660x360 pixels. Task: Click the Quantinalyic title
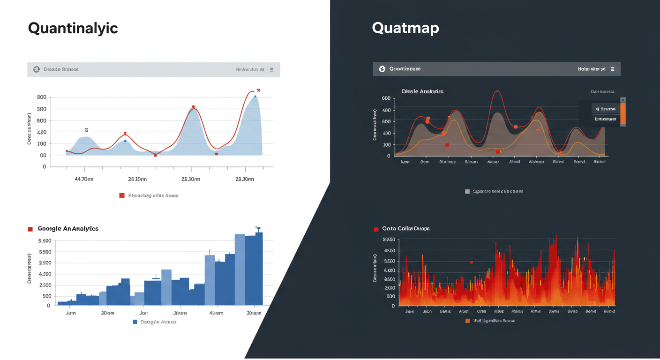pyautogui.click(x=73, y=28)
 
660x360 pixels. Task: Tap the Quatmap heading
pyautogui.click(x=405, y=28)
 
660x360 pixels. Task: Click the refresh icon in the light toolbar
pyautogui.click(x=37, y=69)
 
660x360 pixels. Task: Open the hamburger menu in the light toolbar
pyautogui.click(x=271, y=69)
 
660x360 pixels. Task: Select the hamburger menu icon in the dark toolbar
pyautogui.click(x=612, y=69)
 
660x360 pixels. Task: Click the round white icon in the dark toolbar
pyautogui.click(x=382, y=69)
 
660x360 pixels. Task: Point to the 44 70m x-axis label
pyautogui.click(x=84, y=179)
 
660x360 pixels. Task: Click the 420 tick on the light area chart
pyautogui.click(x=41, y=132)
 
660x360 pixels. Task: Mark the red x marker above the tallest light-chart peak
pyautogui.click(x=258, y=90)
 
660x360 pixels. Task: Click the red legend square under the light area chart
pyautogui.click(x=122, y=195)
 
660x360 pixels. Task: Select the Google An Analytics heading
pyautogui.click(x=68, y=229)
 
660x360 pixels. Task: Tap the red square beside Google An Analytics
pyautogui.click(x=30, y=229)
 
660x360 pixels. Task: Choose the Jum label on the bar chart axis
pyautogui.click(x=71, y=313)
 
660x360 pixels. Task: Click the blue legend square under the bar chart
pyautogui.click(x=135, y=322)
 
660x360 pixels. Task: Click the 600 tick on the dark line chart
pyautogui.click(x=386, y=98)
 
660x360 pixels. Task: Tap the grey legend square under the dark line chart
pyautogui.click(x=467, y=191)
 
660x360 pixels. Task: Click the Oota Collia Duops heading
pyautogui.click(x=406, y=229)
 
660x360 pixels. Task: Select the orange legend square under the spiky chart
pyautogui.click(x=467, y=321)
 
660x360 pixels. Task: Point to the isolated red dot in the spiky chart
pyautogui.click(x=472, y=262)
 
